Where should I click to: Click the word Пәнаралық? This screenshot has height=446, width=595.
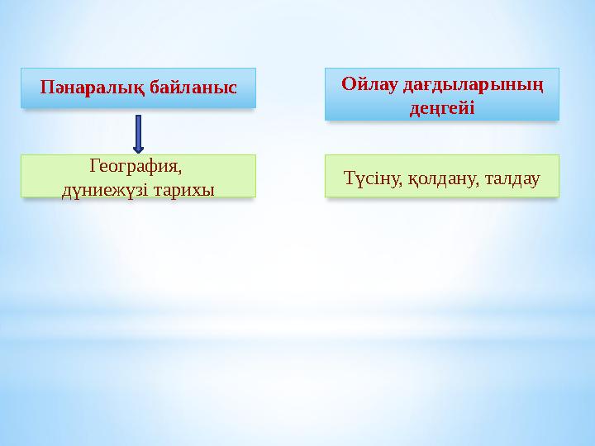[x=85, y=87]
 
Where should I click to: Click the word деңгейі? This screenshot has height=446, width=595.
[x=442, y=108]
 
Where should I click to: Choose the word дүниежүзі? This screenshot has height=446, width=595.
[x=102, y=189]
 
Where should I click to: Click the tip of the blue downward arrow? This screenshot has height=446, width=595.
[x=138, y=151]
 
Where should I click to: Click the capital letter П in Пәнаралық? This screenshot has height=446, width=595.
[x=45, y=87]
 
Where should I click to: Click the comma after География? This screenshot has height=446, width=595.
[x=178, y=170]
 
